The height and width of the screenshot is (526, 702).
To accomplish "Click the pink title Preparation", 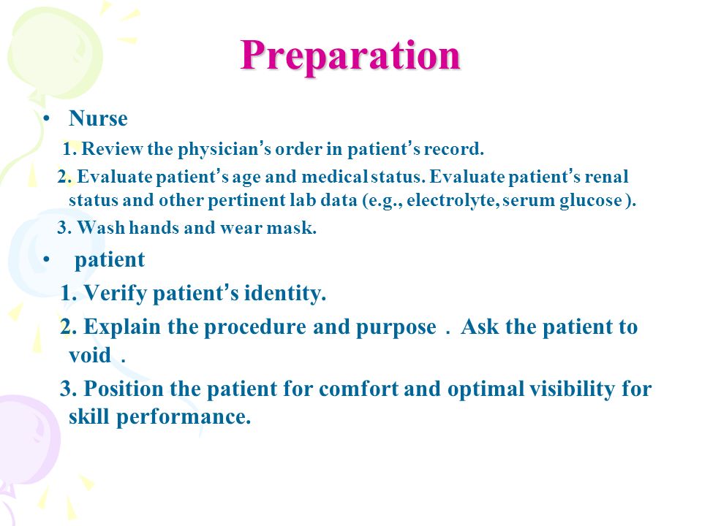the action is pos(350,56).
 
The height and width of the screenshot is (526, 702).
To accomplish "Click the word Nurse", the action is pos(98,118).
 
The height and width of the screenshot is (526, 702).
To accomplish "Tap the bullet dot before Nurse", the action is pos(45,118).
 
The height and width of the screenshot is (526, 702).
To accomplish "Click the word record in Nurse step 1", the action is pos(452,149).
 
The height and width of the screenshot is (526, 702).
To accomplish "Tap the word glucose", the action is pos(591,200).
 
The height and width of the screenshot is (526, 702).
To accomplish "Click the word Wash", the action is pos(101,228).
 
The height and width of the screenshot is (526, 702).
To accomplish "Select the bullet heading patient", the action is pos(110,260).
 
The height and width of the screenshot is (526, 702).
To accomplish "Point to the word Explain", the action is pos(122,327).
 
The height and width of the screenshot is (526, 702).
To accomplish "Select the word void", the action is pos(90,355).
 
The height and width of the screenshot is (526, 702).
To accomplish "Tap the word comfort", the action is pos(358,388).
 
